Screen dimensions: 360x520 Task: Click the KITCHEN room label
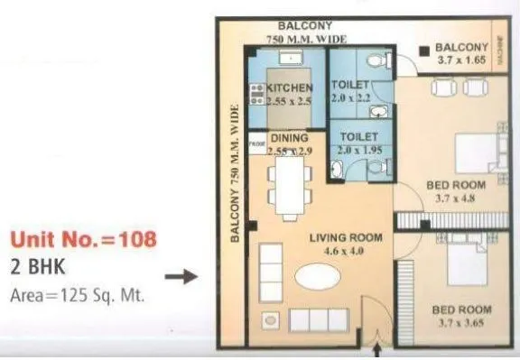click(x=290, y=88)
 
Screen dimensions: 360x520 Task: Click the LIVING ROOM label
click(x=346, y=238)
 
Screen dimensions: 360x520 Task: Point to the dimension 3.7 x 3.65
click(x=460, y=323)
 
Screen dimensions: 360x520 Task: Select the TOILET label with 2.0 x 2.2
click(x=347, y=88)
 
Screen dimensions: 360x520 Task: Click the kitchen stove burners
click(x=256, y=95)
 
